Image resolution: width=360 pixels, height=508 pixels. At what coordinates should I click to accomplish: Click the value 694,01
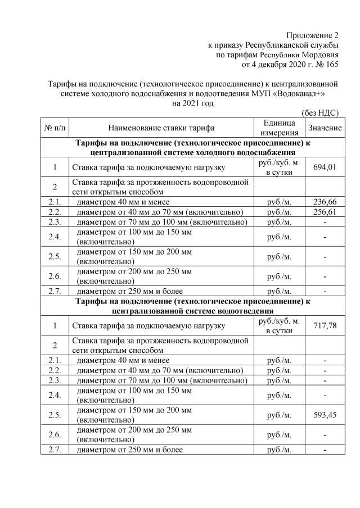tap(325, 167)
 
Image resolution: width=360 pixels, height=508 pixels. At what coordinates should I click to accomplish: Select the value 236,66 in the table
tap(325, 202)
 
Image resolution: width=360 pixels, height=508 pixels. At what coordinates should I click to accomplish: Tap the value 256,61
tap(325, 212)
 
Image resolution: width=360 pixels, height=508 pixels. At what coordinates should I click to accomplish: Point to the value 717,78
tap(325, 326)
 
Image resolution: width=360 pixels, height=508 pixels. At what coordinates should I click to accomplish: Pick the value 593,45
tap(325, 416)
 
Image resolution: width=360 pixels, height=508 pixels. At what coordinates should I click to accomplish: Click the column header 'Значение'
tap(325, 128)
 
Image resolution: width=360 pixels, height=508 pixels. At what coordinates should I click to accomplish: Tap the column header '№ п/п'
tap(55, 128)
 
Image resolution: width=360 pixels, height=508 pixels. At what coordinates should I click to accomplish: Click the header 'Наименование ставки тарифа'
tap(161, 128)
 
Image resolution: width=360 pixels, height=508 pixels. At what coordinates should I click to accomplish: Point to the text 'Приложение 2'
tap(312, 35)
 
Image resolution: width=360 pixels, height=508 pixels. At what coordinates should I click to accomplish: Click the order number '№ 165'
tap(326, 65)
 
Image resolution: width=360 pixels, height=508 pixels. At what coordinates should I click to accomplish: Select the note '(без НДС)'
tap(320, 112)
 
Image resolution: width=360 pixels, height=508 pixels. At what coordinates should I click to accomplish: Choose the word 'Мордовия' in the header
tap(321, 55)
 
